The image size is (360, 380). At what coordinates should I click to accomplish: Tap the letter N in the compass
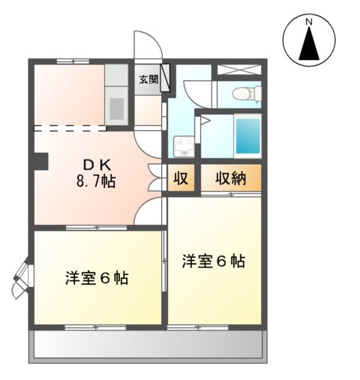[x=308, y=22]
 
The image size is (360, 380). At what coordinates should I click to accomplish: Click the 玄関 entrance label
[x=148, y=79]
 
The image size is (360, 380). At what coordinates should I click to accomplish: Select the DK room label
[x=94, y=163]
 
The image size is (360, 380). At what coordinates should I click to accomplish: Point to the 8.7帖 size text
[x=94, y=182]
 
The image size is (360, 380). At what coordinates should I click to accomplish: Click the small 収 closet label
[x=181, y=178]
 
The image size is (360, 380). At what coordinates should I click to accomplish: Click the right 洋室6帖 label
[x=214, y=262]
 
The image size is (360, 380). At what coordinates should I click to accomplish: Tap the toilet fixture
[x=245, y=94]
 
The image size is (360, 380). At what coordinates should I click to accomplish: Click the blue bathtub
[x=247, y=134]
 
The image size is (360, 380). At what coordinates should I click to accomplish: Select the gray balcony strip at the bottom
[x=148, y=346]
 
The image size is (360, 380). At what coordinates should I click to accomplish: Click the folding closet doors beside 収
[x=157, y=178]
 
